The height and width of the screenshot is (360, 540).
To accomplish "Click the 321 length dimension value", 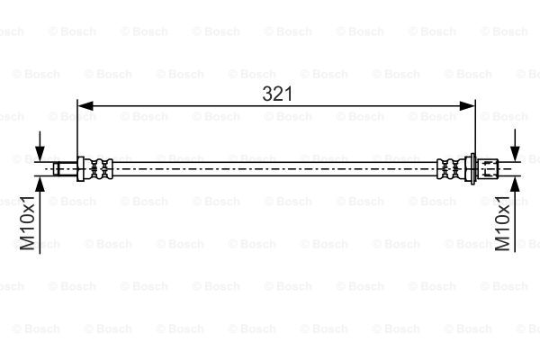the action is (277, 94).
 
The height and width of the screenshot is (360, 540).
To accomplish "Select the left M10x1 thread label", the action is (27, 223).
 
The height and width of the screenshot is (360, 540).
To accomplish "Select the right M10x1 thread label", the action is (502, 223).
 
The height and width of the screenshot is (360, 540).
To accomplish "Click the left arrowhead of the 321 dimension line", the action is (85, 106).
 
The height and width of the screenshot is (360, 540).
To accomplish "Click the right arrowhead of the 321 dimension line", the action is (467, 106).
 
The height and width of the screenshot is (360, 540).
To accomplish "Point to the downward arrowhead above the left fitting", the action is (40, 154).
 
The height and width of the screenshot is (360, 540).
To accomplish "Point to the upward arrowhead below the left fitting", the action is (40, 184).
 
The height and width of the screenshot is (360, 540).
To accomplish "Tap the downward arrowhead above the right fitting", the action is (515, 154).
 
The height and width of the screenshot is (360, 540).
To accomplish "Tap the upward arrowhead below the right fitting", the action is (515, 184).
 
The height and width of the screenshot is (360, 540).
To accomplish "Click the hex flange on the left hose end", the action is (81, 169).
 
